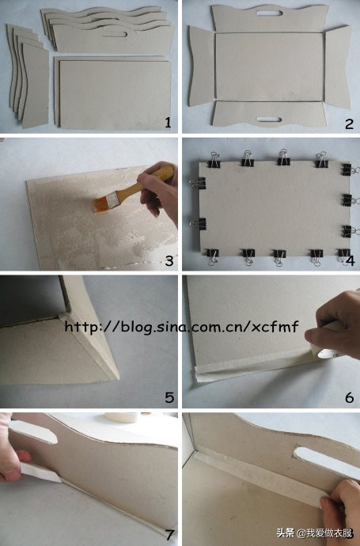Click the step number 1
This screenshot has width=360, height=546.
click(x=169, y=123)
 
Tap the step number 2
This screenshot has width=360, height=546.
click(x=349, y=124)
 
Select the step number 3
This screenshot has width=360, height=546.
click(x=169, y=260)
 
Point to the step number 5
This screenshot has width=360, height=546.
click(x=169, y=397)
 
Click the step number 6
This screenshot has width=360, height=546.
click(x=350, y=397)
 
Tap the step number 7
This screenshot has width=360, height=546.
click(x=169, y=535)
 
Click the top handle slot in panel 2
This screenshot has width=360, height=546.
click(x=269, y=13)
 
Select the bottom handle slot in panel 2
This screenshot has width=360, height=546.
click(x=268, y=119)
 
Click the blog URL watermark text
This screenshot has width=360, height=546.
click(x=182, y=327)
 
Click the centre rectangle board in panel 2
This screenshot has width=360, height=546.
click(x=270, y=66)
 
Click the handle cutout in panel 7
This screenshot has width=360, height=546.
click(x=33, y=432)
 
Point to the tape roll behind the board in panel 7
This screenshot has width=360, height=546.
click(x=122, y=417)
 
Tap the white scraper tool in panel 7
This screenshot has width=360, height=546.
click(x=40, y=472)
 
